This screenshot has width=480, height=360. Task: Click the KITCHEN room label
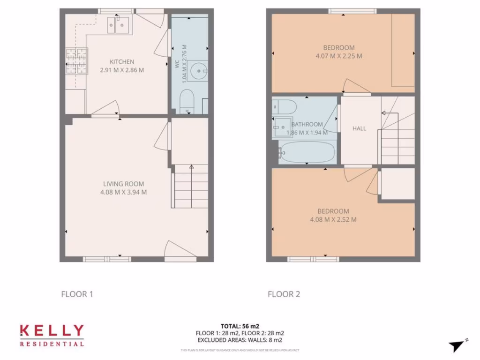coord(122,62)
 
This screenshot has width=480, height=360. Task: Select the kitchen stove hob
coord(76,61)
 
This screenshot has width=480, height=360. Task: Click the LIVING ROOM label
coord(124,184)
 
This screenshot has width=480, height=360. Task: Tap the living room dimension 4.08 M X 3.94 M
coord(124,192)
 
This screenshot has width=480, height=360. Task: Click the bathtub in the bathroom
coord(307,152)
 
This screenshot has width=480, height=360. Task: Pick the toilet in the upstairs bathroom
coord(283,107)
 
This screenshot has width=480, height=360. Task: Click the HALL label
coord(360,128)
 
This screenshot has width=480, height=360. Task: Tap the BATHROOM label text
coord(307,125)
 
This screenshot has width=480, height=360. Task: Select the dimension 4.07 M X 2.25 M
coord(339,56)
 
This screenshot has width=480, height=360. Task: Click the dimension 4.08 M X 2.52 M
coord(333,219)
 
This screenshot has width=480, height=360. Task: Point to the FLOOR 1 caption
coord(77,294)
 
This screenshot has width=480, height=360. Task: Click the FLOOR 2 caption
coord(284,294)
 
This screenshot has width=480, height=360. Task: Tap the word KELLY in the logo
coord(52,330)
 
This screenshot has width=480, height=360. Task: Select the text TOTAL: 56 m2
coord(240,326)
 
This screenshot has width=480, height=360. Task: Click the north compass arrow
coord(457,346)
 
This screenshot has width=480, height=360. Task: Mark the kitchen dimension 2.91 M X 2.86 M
coord(122,70)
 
